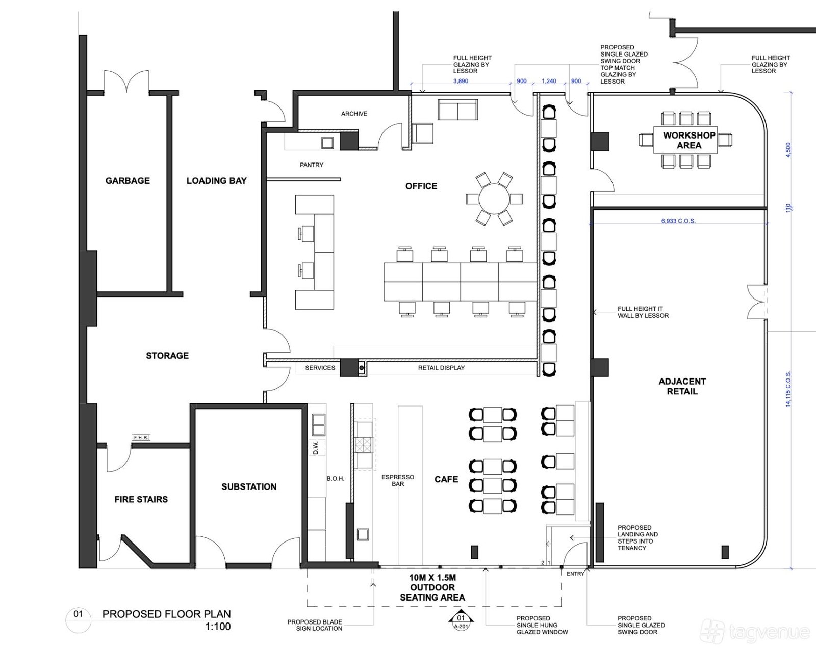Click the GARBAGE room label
(x=127, y=181)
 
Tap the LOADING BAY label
(x=217, y=181)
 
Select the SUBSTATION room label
(x=249, y=487)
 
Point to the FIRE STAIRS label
(x=141, y=499)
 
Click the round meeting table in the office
(x=494, y=199)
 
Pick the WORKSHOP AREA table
(x=685, y=140)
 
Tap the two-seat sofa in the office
(x=457, y=110)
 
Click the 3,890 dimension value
(x=461, y=81)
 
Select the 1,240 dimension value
(x=549, y=81)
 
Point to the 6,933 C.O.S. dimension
(x=678, y=221)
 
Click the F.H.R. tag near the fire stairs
(x=141, y=438)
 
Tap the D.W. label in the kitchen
(x=316, y=447)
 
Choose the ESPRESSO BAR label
(x=398, y=481)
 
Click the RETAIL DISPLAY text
(x=441, y=368)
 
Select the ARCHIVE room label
(x=354, y=114)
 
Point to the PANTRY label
(x=312, y=165)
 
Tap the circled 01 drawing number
(x=78, y=614)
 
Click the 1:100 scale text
(x=218, y=627)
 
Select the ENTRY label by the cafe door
(x=575, y=574)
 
